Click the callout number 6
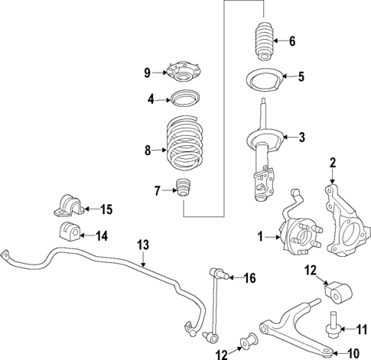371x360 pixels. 291,41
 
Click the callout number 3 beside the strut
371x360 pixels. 302,138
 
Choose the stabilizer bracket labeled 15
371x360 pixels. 67,207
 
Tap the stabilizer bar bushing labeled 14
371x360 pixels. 67,234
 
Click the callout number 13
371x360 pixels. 142,245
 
